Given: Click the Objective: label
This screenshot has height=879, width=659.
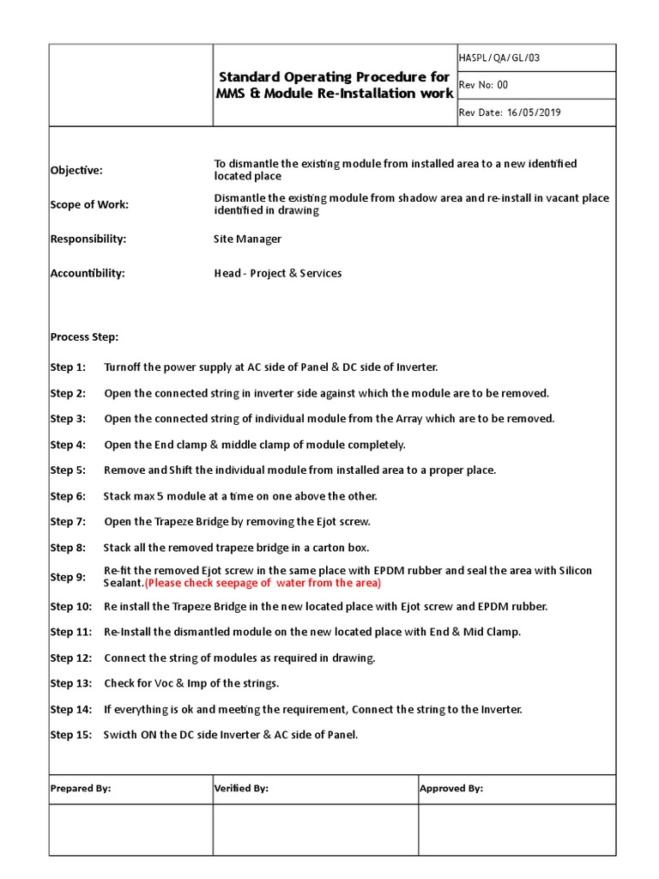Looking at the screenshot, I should pos(76,170).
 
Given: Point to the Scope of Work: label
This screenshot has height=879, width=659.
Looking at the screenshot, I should pos(89,204).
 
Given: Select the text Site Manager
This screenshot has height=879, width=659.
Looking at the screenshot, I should pos(247,239).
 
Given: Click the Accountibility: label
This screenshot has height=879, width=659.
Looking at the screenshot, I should pos(88,273).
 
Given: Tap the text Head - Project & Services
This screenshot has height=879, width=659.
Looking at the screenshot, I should pos(277,273).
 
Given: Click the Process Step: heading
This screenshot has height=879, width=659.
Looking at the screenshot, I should pos(84,336).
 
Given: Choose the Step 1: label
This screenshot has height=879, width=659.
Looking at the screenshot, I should pos(68,367).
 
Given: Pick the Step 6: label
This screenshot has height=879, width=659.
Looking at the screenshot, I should pos(68,496).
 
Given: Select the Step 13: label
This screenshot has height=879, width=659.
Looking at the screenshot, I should pos(70,683).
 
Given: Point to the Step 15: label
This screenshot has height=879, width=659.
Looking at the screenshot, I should pos(70,735).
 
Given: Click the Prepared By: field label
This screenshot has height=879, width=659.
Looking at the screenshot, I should pos(81,788).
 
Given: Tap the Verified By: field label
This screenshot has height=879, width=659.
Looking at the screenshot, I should pos(241,788).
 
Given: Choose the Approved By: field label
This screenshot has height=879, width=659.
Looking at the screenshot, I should pos(451,788).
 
